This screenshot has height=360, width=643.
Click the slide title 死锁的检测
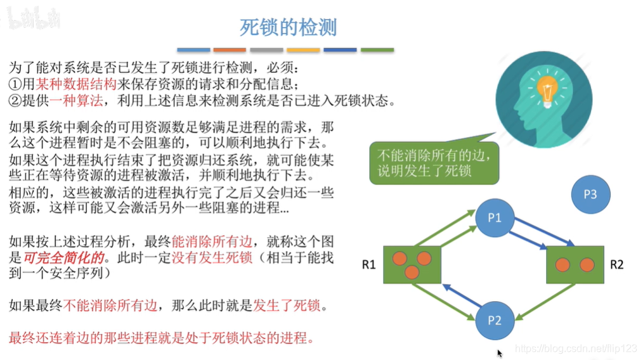(x=288, y=27)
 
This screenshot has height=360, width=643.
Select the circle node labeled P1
(x=495, y=218)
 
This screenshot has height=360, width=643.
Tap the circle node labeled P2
(x=495, y=320)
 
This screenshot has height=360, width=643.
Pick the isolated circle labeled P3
(x=589, y=195)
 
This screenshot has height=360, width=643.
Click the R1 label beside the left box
(x=369, y=264)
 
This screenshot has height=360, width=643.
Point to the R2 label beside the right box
(x=616, y=264)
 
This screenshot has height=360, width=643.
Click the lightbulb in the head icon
(x=547, y=88)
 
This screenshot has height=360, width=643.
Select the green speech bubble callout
(x=433, y=162)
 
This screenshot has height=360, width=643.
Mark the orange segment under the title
(x=230, y=49)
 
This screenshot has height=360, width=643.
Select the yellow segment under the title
(x=303, y=49)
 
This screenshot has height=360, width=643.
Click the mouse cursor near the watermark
(x=500, y=353)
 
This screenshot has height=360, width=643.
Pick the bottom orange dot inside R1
(x=412, y=272)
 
